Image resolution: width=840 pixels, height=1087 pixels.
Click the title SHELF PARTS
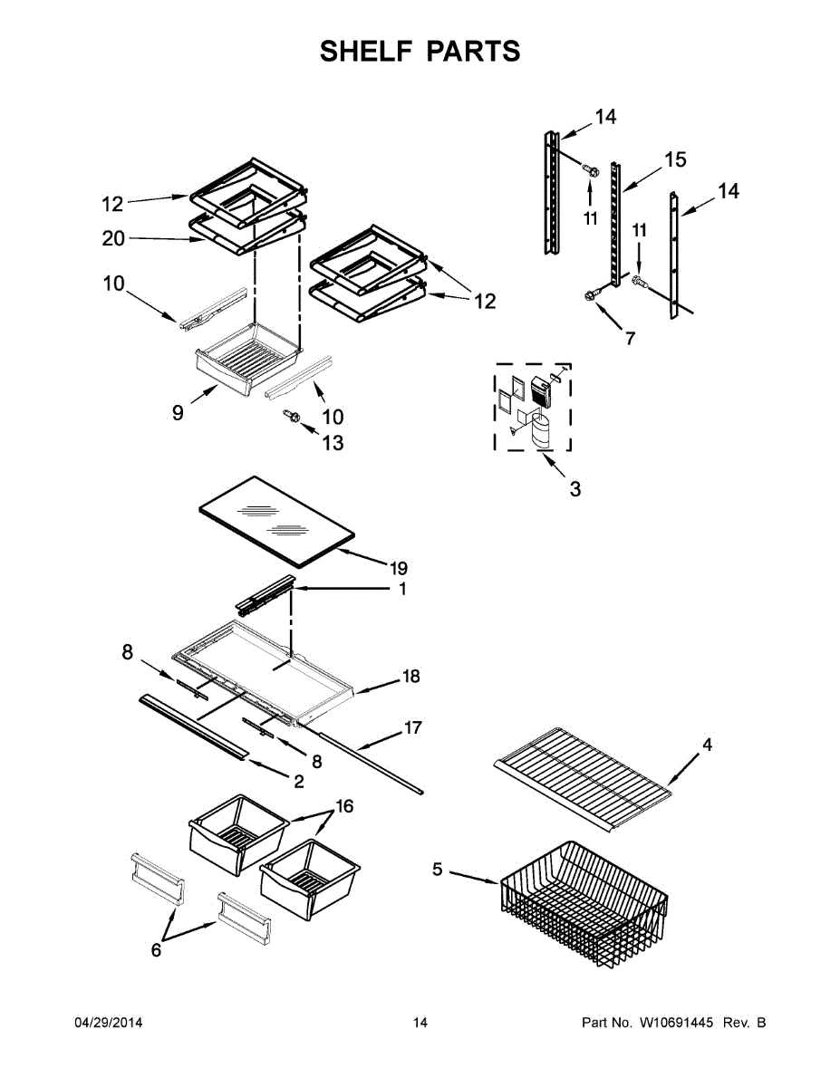point(420,52)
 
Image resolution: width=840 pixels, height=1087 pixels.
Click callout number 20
point(114,239)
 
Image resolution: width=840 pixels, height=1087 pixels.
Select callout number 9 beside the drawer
point(178,412)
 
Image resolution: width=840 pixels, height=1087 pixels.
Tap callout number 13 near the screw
point(333,444)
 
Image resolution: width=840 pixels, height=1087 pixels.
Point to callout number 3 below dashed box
point(575,489)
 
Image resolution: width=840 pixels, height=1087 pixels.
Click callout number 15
point(674,160)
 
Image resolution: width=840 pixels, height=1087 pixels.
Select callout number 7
point(630,339)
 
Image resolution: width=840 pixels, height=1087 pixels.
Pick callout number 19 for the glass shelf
point(399,569)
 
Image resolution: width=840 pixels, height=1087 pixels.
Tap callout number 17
point(412,726)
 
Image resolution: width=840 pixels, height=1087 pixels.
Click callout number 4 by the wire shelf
point(708,745)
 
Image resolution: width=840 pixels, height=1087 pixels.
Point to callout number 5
point(438,870)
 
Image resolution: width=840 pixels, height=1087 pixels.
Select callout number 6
point(156,949)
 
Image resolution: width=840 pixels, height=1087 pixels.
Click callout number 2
point(298,782)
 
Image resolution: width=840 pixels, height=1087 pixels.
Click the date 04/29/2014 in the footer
point(108,1023)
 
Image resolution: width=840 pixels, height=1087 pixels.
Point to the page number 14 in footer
point(420,1023)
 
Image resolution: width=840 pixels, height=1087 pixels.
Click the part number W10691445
point(675,1023)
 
